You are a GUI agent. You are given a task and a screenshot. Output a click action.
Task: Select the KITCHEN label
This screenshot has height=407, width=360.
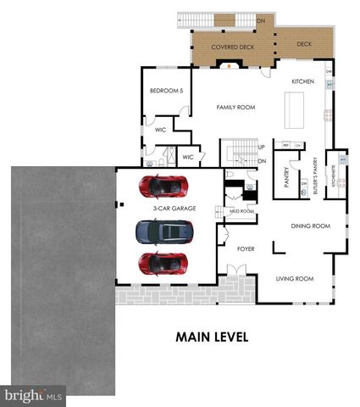coord(302,81)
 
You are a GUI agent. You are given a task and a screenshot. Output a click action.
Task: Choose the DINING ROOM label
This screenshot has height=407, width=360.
coord(310,226)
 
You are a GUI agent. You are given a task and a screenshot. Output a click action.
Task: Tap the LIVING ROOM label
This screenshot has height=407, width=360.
coord(296,278)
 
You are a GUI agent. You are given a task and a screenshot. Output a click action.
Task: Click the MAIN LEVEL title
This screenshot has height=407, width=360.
coord(212,337)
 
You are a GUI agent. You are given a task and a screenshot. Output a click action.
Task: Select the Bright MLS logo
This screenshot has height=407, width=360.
coord(34,395)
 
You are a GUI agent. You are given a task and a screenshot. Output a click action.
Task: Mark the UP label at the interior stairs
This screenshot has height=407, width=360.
coord(261,147)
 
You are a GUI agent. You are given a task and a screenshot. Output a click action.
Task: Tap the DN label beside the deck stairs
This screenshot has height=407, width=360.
coord(261,20)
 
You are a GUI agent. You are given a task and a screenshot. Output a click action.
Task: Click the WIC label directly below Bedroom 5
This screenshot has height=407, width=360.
coord(160,130)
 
